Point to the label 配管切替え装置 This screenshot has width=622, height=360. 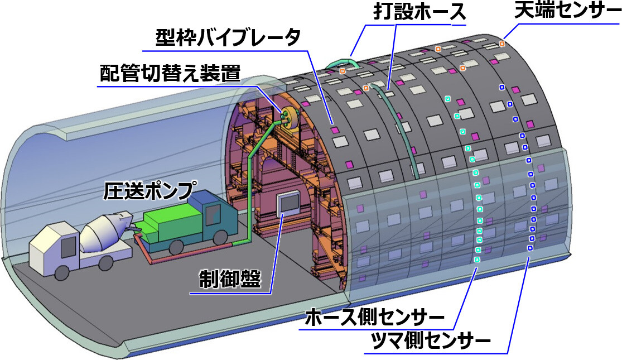(x=170, y=73)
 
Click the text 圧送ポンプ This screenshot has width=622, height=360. (x=150, y=191)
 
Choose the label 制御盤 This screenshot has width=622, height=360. (x=229, y=279)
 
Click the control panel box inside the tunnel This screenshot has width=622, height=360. (x=288, y=204)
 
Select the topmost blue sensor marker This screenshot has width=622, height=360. (x=502, y=87)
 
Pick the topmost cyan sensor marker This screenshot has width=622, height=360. (x=447, y=99)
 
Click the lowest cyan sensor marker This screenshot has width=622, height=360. (x=476, y=260)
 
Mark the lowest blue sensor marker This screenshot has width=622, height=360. (x=529, y=248)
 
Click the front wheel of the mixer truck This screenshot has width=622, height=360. (x=62, y=272)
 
